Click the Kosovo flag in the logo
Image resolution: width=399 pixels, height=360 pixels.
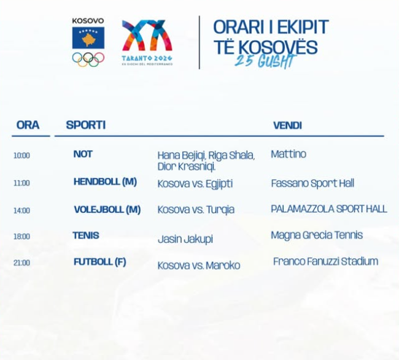88,37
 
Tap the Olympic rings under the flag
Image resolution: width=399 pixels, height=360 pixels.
88,59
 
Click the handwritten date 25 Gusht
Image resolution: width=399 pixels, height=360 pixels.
265,61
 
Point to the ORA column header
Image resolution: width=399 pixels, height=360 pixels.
28,125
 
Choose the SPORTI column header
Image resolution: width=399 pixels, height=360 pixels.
86,125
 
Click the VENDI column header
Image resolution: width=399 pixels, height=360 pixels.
287,125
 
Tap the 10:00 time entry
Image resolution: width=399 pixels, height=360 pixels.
21,155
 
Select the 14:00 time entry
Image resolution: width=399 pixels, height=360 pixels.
21,210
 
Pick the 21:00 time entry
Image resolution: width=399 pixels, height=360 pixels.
21,262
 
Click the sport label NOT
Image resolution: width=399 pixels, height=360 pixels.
83,154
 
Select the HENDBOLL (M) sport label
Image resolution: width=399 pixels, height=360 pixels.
105,182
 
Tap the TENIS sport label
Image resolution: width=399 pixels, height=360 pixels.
86,236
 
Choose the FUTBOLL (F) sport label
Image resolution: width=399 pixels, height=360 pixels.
99,262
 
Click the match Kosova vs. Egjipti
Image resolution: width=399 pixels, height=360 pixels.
195,184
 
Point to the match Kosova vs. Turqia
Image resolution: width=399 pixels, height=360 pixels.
196,210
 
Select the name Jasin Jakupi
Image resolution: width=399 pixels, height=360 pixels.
185,239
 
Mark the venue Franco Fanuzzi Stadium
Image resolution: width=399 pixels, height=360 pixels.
325,261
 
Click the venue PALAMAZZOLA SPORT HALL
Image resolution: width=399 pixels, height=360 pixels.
329,209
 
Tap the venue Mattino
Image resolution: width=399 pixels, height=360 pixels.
289,154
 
